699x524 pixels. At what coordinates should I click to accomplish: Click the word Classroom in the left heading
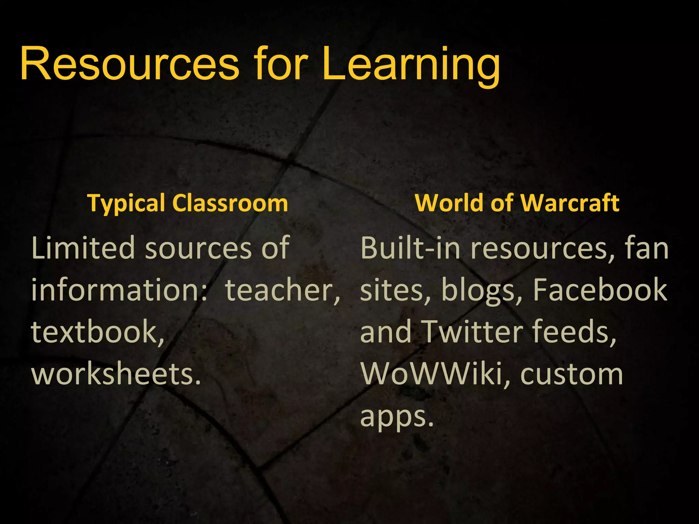tap(230, 203)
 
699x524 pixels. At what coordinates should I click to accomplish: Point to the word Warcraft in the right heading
tap(570, 203)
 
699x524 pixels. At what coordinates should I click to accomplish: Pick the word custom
tap(572, 374)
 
